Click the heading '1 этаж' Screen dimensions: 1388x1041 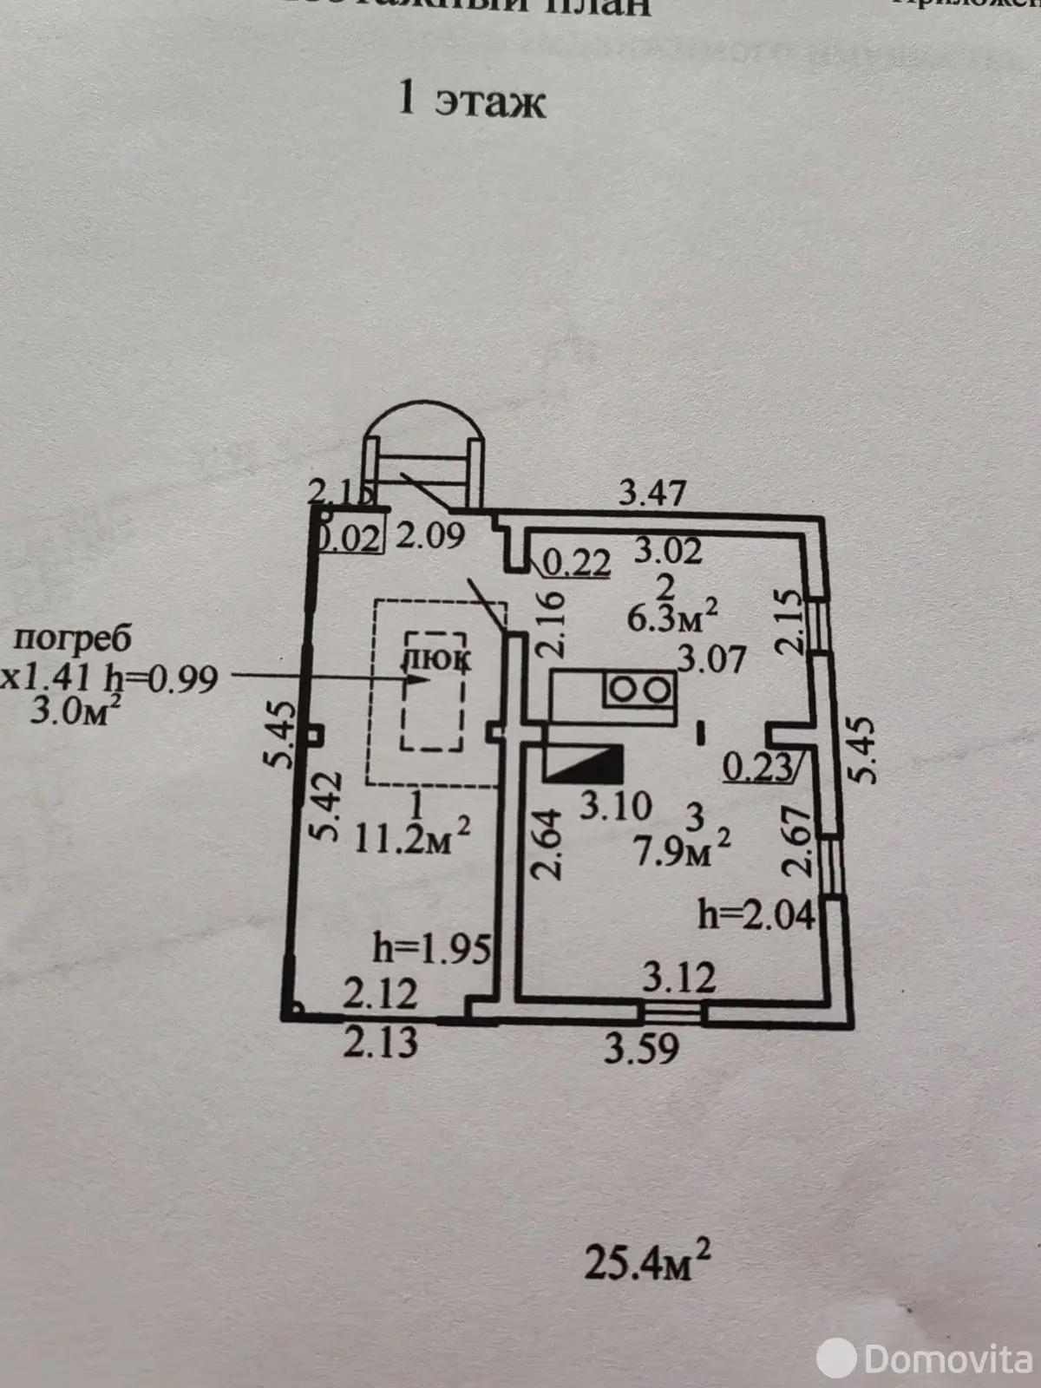click(471, 101)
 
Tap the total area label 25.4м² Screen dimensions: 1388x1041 click(647, 1262)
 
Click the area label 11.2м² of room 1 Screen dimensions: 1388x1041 click(413, 838)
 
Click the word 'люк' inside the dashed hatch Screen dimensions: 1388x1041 click(436, 659)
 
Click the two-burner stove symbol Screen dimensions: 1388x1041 click(639, 690)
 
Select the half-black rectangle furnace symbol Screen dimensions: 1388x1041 click(583, 763)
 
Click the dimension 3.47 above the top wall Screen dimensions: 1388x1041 click(652, 494)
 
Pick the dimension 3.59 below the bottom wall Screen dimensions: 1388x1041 click(641, 1049)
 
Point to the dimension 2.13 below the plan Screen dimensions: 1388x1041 click(380, 1041)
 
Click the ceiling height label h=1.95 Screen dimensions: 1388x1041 click(432, 947)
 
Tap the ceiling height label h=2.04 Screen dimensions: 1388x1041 click(756, 914)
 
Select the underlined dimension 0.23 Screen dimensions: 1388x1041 click(757, 766)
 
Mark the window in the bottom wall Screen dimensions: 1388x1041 click(674, 1011)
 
